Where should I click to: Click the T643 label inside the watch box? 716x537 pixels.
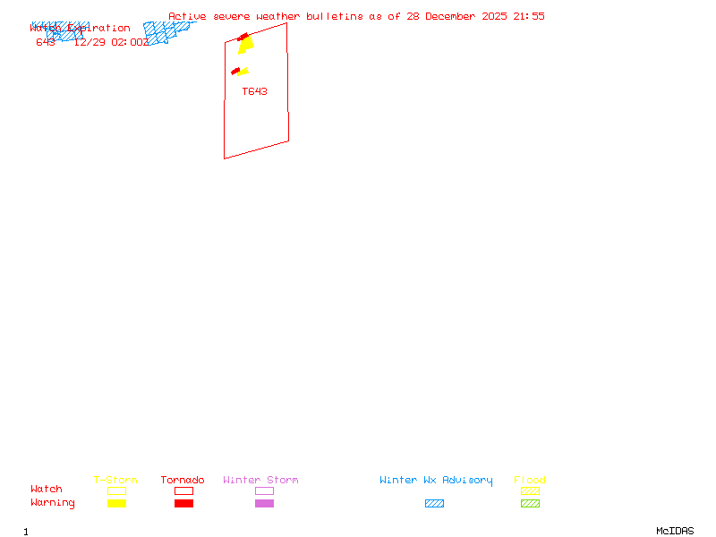[x=254, y=91]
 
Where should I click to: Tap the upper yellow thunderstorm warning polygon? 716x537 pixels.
[x=246, y=45]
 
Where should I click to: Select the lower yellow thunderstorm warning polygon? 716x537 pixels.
[x=243, y=72]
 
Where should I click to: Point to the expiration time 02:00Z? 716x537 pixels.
[x=130, y=42]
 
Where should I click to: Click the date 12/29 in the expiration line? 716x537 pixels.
[x=89, y=42]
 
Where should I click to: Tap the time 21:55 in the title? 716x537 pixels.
[x=527, y=16]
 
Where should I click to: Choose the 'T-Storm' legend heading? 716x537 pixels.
[x=115, y=481]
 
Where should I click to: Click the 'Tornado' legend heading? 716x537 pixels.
[x=183, y=481]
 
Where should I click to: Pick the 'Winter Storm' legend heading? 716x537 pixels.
[x=260, y=481]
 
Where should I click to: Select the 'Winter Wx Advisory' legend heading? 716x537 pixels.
[x=436, y=481]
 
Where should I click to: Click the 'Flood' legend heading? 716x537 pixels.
[x=530, y=481]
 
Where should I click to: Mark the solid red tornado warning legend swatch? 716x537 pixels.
[x=183, y=504]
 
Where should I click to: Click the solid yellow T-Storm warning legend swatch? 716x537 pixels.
[x=116, y=504]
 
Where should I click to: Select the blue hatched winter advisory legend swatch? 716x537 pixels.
[x=434, y=504]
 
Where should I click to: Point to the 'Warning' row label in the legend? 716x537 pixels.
[x=53, y=503]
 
